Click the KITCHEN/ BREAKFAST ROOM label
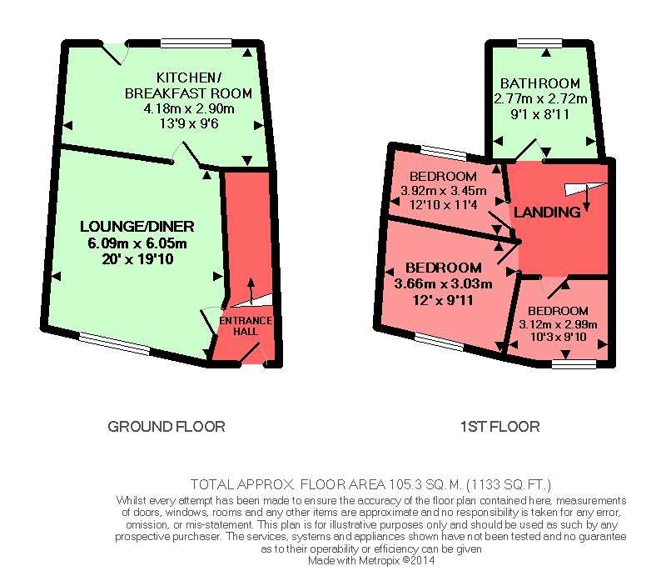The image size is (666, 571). tap(187, 86)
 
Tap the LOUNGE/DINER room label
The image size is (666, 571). tap(137, 227)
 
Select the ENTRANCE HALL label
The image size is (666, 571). tap(246, 326)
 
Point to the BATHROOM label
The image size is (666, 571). tap(540, 83)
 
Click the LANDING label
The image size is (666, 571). tap(547, 213)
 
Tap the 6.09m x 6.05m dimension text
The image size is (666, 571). tap(137, 243)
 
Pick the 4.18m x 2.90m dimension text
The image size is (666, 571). tap(189, 108)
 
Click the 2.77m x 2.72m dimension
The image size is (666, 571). tap(540, 98)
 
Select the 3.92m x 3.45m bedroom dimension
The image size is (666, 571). tap(443, 191)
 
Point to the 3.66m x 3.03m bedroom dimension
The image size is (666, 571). tap(443, 283)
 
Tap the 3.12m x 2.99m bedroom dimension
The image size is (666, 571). tap(558, 324)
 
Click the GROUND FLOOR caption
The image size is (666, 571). tap(166, 427)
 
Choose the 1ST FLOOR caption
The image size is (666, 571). tap(499, 427)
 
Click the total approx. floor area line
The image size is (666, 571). tap(370, 483)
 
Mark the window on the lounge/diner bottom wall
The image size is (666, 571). tap(115, 341)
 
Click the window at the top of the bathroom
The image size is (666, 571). tap(541, 43)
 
